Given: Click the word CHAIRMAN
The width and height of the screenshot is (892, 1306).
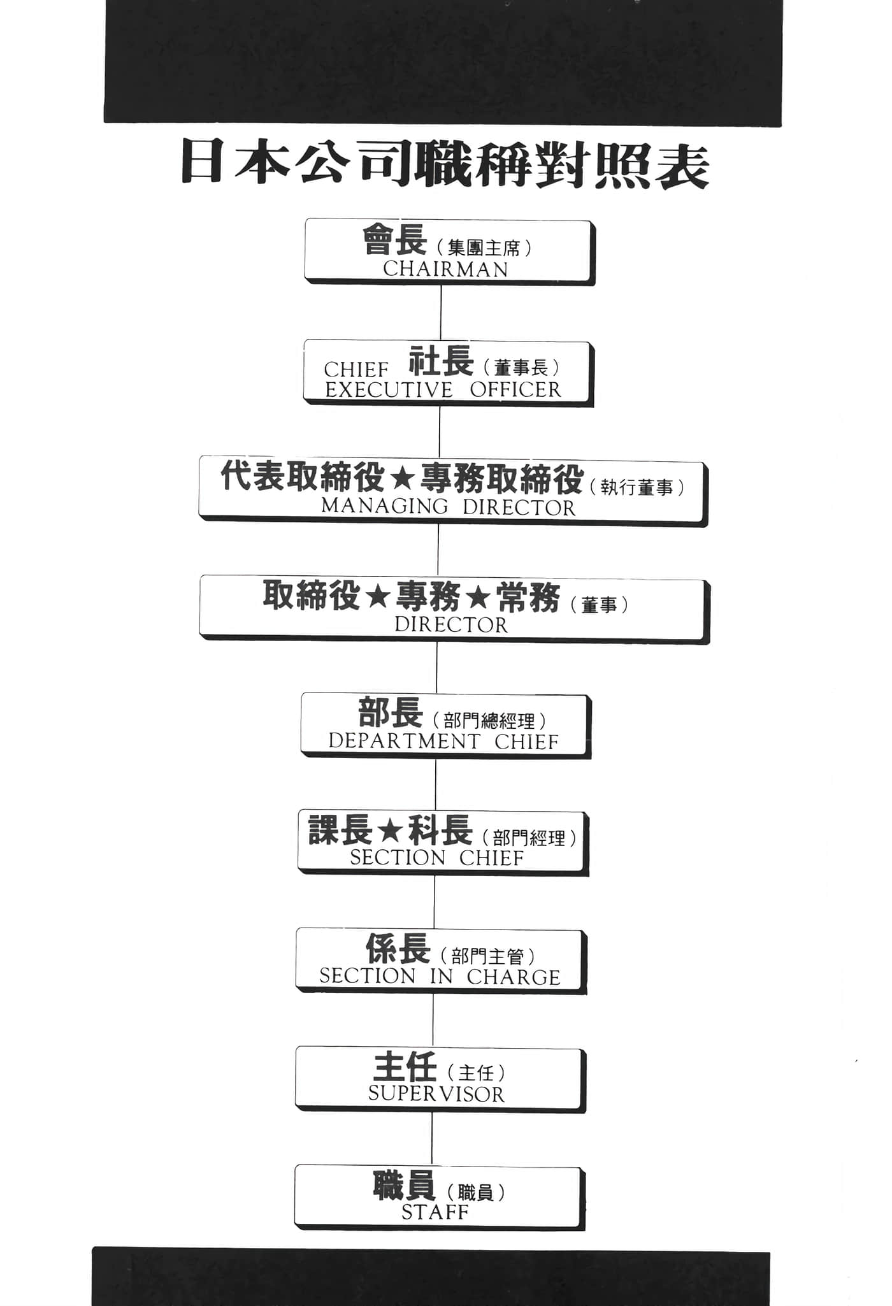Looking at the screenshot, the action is coord(445,269).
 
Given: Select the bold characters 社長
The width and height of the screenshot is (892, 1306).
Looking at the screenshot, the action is coord(441,361).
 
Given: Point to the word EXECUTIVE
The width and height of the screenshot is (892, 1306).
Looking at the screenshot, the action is coord(389,390).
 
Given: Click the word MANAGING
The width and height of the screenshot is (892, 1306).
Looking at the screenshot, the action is coord(385,506).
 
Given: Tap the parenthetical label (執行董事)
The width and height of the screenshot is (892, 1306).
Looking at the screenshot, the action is coord(637,488).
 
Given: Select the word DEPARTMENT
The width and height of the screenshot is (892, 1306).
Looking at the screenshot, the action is coord(404,742).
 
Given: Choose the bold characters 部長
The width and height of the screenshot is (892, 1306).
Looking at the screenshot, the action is coord(391,712).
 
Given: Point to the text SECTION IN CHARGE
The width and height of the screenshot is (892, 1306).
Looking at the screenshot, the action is coord(440,977).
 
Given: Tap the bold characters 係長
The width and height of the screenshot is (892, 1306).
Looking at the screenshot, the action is coord(398,949).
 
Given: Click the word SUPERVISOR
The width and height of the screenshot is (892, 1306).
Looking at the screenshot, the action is coord(436,1094).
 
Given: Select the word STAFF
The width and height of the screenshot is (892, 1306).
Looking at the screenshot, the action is coord(435,1212).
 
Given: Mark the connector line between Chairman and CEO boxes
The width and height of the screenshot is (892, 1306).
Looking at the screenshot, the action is coord(441,312).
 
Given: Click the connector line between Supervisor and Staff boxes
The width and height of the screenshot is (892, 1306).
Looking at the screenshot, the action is coord(432,1138).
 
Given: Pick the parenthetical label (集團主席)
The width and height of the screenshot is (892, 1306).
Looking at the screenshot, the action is coord(484,247).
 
